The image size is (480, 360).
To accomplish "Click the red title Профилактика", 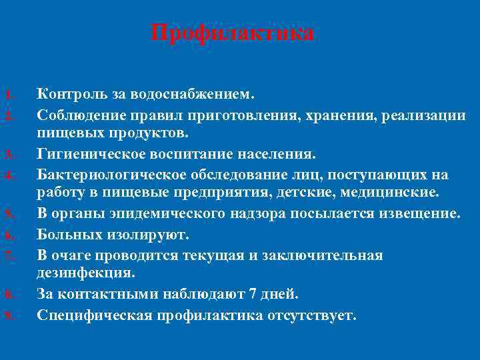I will tap(232, 33).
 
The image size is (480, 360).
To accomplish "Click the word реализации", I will tap(426, 115).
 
